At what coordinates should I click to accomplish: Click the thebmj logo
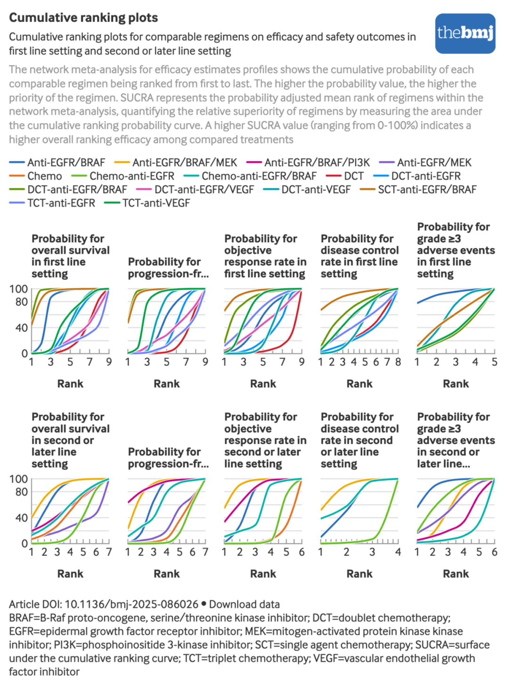coord(465,33)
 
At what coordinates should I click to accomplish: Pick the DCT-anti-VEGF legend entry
coord(316,190)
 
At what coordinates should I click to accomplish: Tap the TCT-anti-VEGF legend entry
coord(156,203)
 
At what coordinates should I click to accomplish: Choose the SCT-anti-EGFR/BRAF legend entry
coord(427,190)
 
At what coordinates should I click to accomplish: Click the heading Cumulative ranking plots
coord(83,18)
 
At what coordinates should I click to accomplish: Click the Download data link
coord(244,604)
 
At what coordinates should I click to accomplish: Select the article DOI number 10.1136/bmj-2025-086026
coord(131,604)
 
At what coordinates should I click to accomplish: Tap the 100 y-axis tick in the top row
coord(18,289)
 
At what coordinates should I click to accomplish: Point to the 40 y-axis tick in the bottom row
coord(22,518)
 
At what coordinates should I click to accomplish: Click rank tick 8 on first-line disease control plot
coord(398,362)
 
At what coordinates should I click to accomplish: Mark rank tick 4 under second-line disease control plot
coord(398,552)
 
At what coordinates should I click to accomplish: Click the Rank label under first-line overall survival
coord(70,384)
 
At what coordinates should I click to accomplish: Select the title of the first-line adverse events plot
coord(455,250)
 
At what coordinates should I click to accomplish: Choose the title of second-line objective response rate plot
coord(265,440)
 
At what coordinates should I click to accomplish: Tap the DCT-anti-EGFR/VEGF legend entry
coord(204,190)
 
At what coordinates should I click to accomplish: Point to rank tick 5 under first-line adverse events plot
coord(494,362)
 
